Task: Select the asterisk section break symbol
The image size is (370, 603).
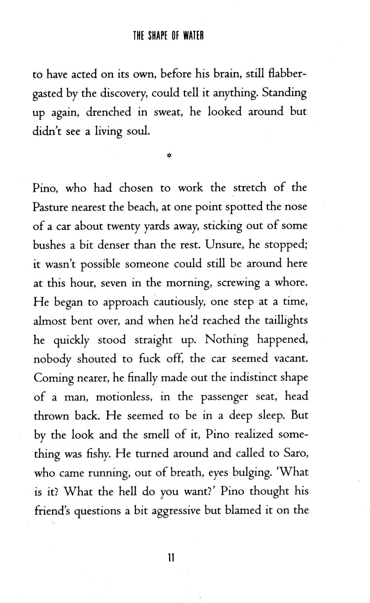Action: point(169,156)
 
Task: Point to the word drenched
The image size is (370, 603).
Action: point(109,112)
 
